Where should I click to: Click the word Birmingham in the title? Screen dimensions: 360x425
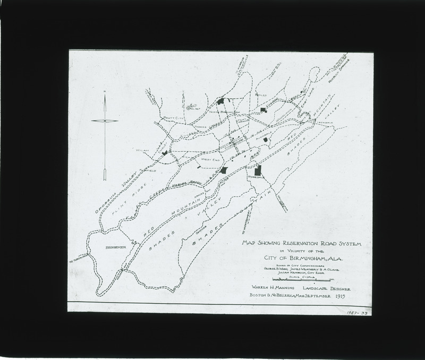(x=310, y=259)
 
